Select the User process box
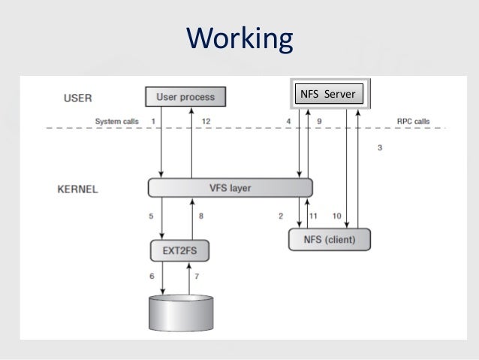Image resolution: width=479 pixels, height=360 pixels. point(185,96)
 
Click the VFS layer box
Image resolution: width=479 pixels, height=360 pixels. point(230,188)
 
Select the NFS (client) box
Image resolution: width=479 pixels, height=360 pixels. point(330,240)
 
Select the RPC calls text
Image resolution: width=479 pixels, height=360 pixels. point(414,121)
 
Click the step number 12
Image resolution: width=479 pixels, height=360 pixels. point(206,121)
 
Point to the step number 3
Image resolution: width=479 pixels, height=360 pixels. point(380,148)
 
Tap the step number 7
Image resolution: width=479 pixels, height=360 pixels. point(198,277)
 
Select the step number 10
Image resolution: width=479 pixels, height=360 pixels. point(337,216)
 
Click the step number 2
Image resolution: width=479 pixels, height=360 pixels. point(281,216)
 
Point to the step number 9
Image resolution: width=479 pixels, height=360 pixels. point(319,121)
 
